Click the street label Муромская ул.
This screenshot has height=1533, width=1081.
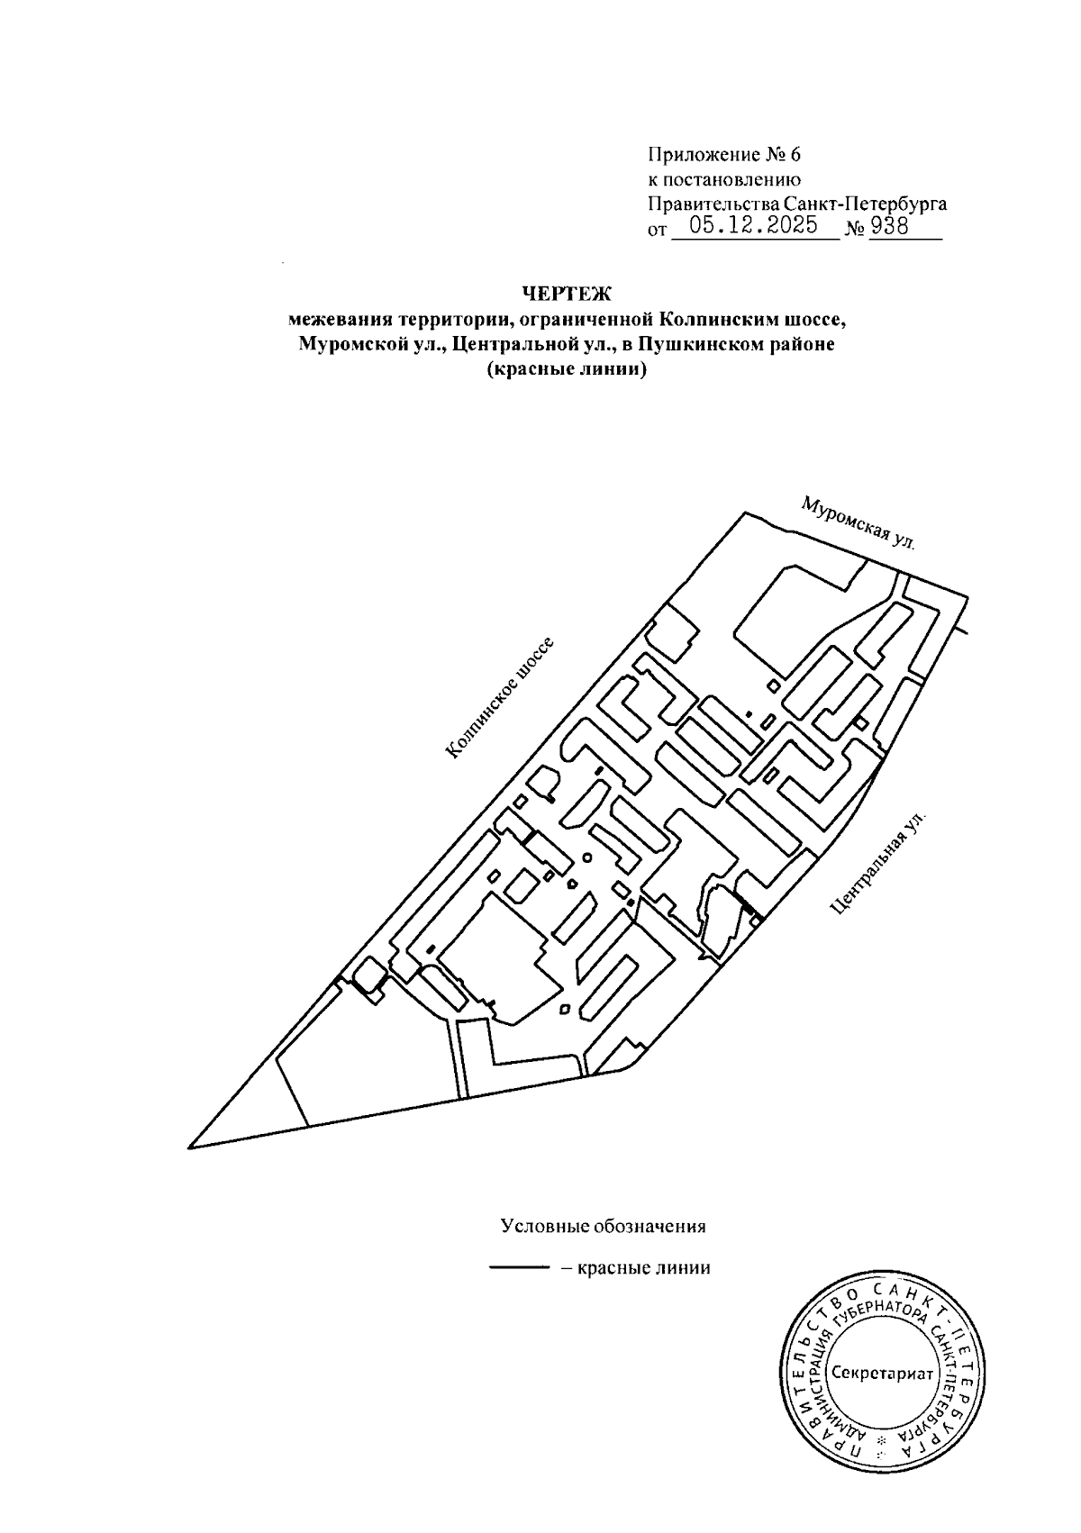tap(858, 523)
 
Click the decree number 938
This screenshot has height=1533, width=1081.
tap(889, 227)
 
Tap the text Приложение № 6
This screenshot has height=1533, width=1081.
tap(724, 154)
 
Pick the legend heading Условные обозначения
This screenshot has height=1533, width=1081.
tap(603, 1226)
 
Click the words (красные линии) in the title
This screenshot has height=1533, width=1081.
tap(567, 369)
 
